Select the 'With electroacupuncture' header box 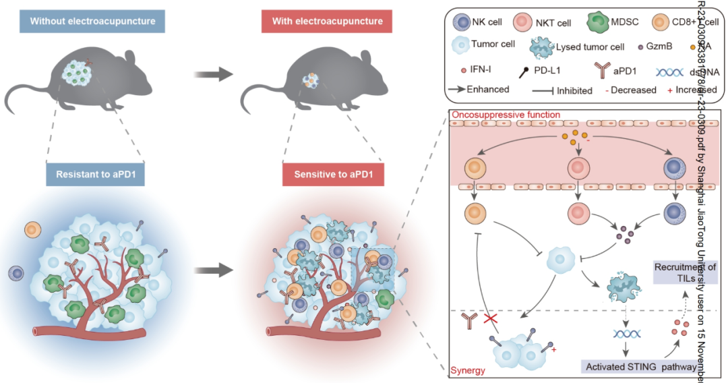point(328,22)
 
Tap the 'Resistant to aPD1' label point(97,174)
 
